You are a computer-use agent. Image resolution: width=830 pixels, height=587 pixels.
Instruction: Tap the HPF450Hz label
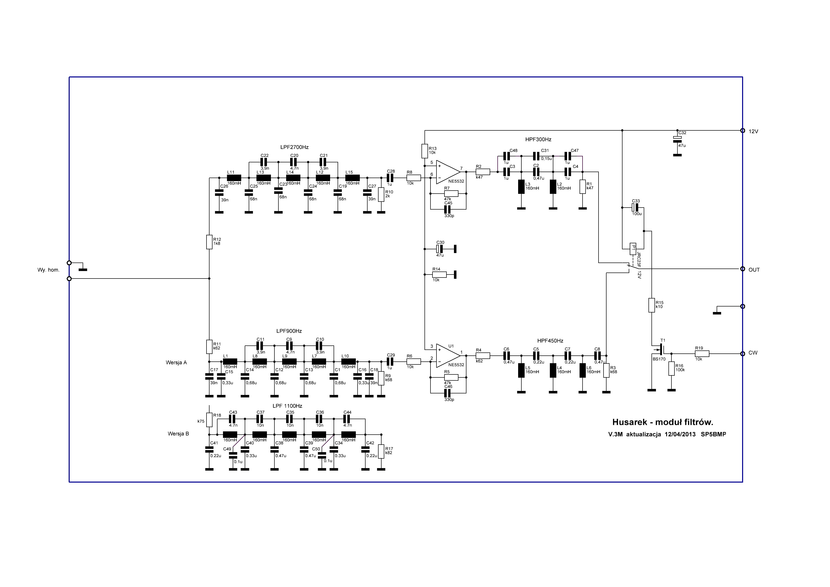point(550,341)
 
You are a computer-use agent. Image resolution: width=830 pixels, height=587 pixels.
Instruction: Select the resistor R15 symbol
point(651,305)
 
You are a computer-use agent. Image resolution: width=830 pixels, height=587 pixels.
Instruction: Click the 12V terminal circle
point(743,131)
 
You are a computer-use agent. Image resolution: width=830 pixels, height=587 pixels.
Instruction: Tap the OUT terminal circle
point(743,269)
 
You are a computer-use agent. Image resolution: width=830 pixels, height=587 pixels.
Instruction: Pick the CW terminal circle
point(743,353)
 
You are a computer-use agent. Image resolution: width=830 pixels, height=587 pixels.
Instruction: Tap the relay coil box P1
point(633,249)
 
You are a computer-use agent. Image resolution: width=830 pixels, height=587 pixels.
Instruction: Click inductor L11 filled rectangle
point(234,178)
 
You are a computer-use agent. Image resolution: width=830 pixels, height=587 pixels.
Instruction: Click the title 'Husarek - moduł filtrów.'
point(662,422)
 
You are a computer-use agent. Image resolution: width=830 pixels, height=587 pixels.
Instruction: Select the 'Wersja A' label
point(176,362)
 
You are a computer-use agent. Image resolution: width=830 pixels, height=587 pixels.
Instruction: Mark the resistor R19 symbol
point(702,354)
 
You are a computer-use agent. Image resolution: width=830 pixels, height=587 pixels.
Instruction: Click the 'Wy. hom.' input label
point(48,270)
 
